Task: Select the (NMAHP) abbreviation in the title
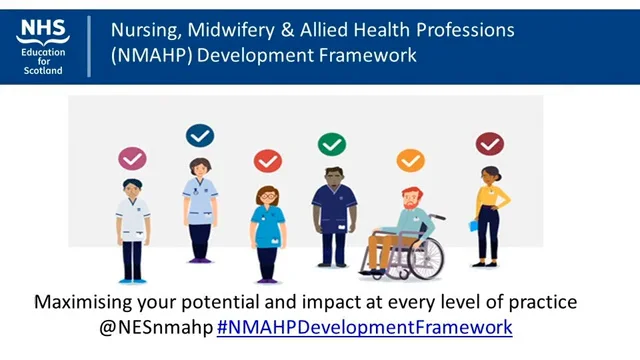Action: [x=153, y=54]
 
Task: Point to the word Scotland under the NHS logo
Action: [x=43, y=70]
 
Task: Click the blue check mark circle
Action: [x=200, y=135]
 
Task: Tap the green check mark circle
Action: [x=332, y=144]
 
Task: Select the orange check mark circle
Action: [x=410, y=160]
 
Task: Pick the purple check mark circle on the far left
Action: [x=132, y=158]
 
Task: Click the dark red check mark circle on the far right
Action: [x=490, y=144]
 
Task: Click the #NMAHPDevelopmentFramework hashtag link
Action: [x=364, y=326]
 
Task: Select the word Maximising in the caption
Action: [x=81, y=302]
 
